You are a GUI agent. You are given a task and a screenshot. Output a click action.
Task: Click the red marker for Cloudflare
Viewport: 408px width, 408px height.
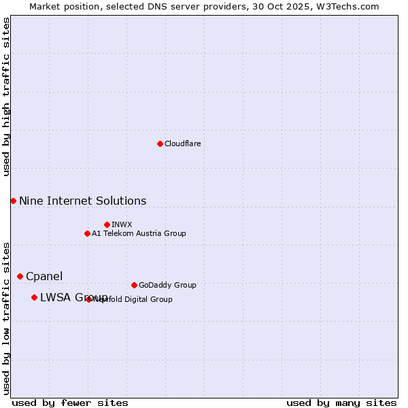(x=160, y=143)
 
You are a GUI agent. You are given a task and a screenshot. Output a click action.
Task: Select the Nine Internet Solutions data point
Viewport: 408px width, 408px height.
(x=13, y=201)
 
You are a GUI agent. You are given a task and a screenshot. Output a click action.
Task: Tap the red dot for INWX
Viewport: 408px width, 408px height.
(x=107, y=224)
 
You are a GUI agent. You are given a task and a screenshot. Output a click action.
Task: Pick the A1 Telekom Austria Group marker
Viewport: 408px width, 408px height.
(x=87, y=233)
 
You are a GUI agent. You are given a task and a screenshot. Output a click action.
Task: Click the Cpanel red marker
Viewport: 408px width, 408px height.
(x=20, y=276)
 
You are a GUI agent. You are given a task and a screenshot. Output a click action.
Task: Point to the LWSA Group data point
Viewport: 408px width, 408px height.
(x=34, y=297)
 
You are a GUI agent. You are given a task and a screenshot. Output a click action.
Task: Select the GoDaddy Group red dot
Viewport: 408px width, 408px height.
(x=134, y=285)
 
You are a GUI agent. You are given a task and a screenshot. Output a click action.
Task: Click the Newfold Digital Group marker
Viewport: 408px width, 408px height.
(x=89, y=299)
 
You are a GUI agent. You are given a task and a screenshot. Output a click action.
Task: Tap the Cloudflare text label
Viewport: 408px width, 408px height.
(x=183, y=143)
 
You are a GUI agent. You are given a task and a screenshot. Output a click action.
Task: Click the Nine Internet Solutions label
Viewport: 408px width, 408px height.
(x=82, y=201)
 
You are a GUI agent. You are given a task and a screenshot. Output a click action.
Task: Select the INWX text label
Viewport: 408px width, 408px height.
(x=122, y=224)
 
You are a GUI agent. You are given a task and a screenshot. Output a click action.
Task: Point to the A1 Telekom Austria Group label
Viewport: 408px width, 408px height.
(x=139, y=233)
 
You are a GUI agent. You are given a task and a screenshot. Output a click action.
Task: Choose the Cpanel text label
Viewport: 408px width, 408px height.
(x=44, y=276)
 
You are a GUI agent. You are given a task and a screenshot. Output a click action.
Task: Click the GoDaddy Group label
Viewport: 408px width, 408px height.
(x=167, y=285)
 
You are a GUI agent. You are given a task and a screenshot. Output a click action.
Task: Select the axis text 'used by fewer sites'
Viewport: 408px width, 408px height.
(x=70, y=403)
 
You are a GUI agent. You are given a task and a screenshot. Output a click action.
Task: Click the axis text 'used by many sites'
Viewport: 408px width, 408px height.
(x=341, y=403)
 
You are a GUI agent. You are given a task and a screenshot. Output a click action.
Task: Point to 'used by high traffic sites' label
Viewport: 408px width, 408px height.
(x=6, y=97)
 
